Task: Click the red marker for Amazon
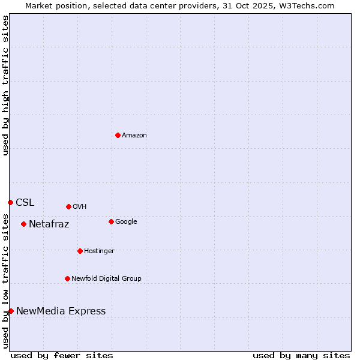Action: click(x=118, y=135)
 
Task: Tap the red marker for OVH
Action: click(x=68, y=206)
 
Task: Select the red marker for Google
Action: click(x=111, y=221)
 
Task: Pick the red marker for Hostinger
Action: click(x=80, y=251)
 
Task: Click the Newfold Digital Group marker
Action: click(x=67, y=278)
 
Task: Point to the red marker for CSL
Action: click(x=10, y=202)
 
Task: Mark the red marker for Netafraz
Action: click(x=23, y=224)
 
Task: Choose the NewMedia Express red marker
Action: click(x=11, y=311)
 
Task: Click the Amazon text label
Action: click(x=134, y=136)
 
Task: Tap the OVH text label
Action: click(x=80, y=207)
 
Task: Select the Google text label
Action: click(x=126, y=222)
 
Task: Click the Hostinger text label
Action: click(x=99, y=251)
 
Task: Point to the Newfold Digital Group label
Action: click(x=106, y=279)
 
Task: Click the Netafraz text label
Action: click(x=49, y=224)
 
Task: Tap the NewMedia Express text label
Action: click(x=61, y=311)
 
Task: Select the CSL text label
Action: click(x=25, y=203)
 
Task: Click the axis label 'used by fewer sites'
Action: click(x=62, y=355)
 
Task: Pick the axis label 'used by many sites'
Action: click(x=301, y=355)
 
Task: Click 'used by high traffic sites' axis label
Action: click(x=5, y=85)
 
